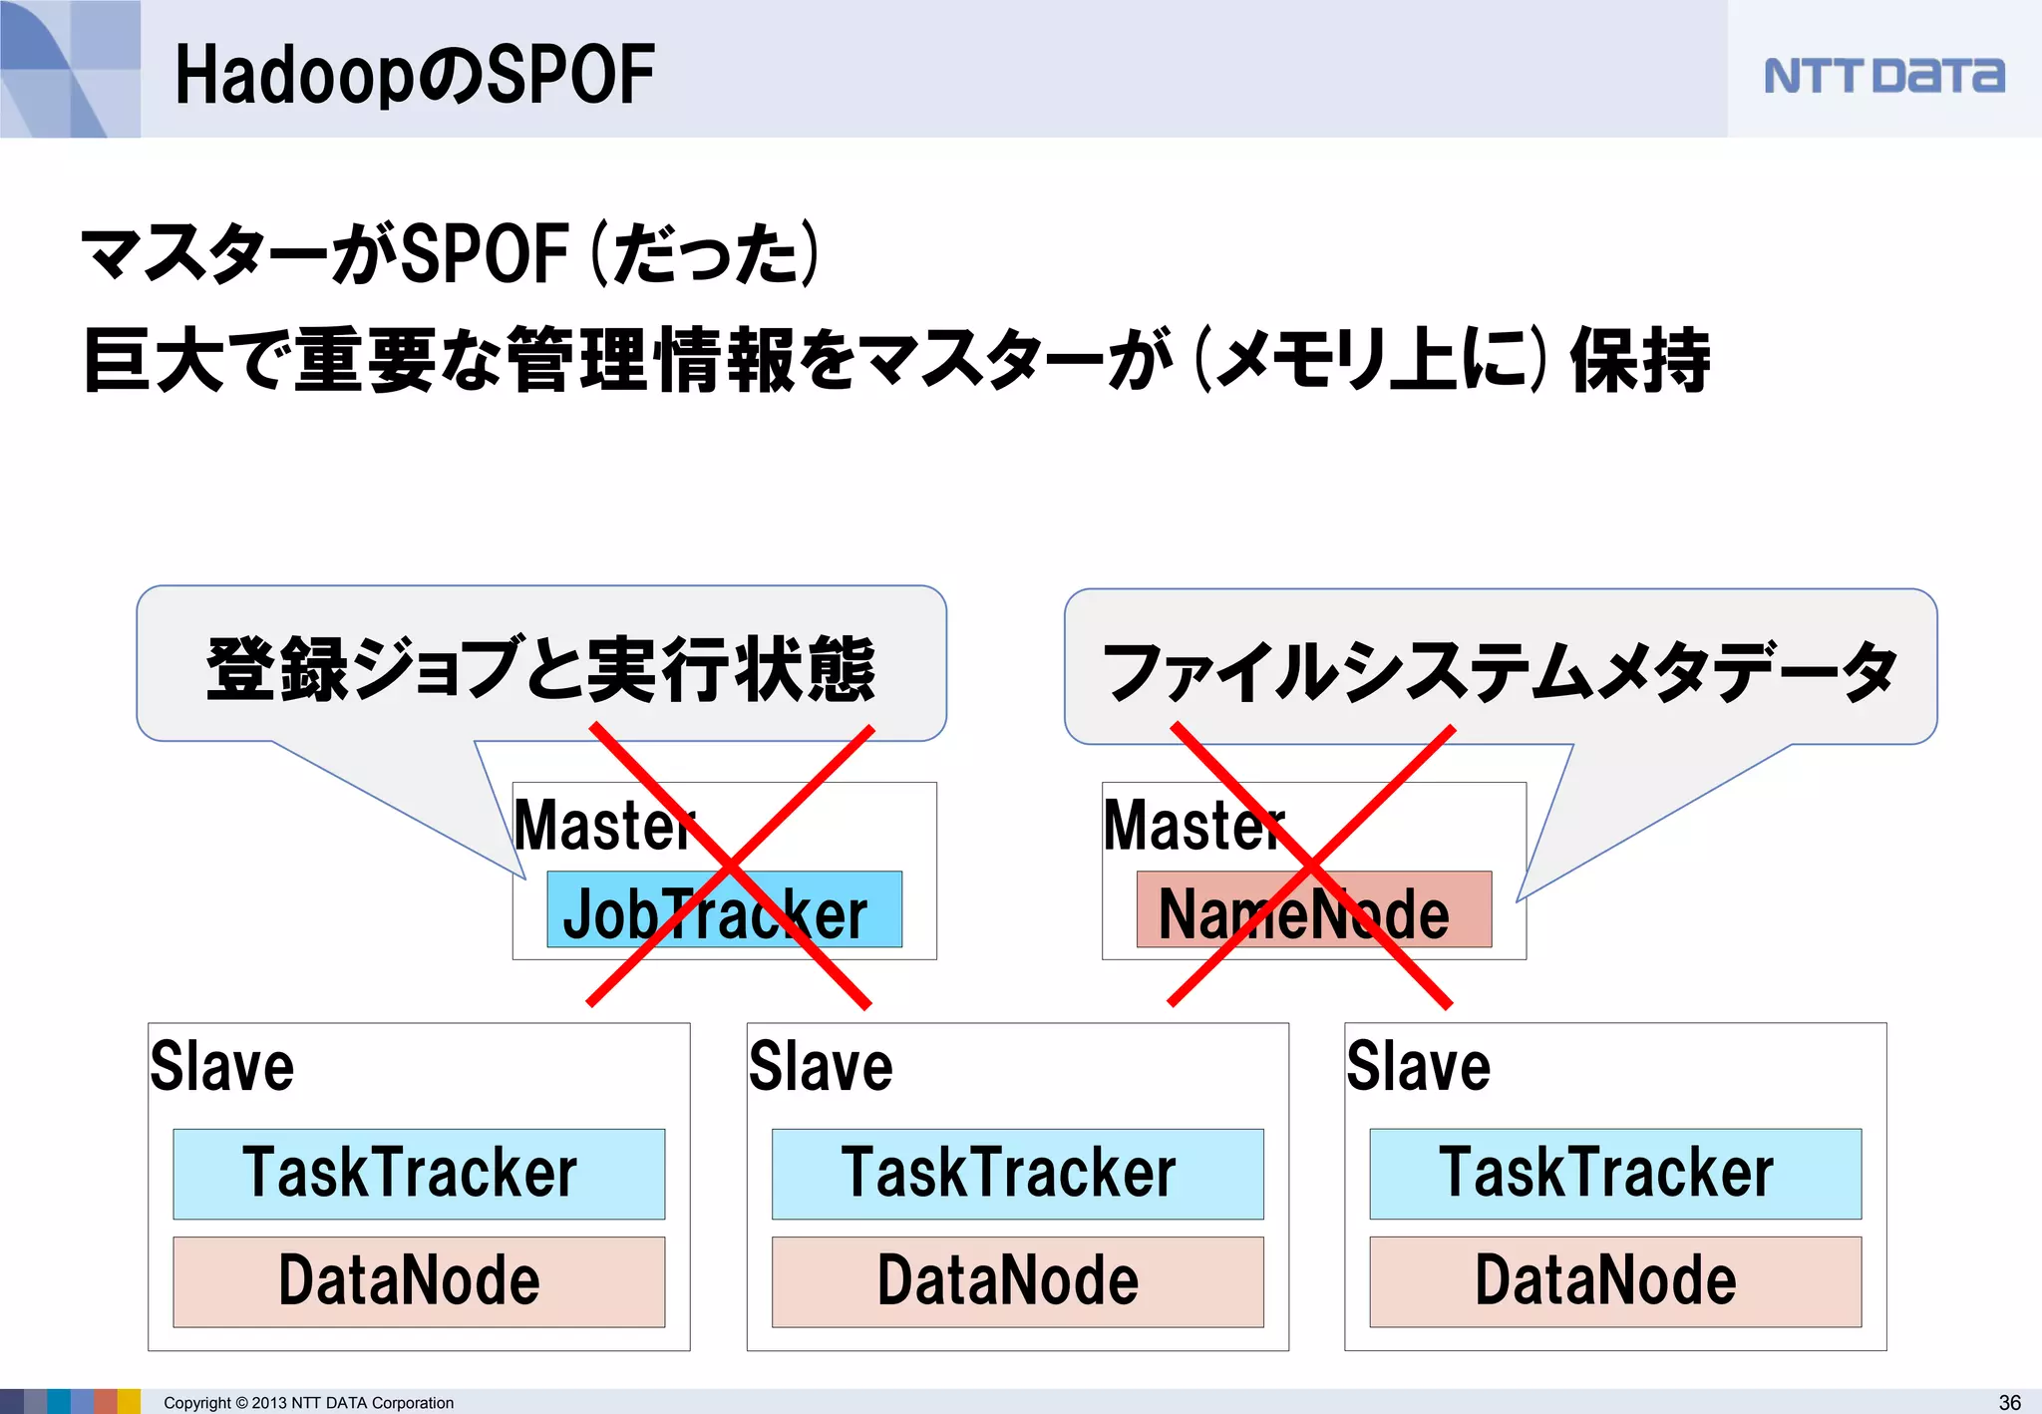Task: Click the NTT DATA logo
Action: [x=1883, y=76]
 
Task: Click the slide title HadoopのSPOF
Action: [x=415, y=75]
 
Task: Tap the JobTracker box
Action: [x=724, y=910]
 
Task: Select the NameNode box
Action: [x=1313, y=910]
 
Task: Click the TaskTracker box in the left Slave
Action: [x=419, y=1174]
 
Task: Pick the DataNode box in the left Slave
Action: [x=419, y=1281]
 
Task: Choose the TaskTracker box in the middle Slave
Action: [x=1017, y=1174]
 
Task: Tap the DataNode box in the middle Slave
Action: [x=1017, y=1281]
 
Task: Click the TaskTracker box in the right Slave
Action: [x=1615, y=1174]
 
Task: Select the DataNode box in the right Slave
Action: [x=1615, y=1281]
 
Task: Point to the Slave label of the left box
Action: [x=222, y=1066]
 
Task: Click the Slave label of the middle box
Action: [x=821, y=1066]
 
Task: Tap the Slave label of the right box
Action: [x=1419, y=1066]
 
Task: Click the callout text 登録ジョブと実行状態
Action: [x=540, y=669]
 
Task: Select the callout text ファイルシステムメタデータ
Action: [x=1500, y=671]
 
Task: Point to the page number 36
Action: [x=2009, y=1402]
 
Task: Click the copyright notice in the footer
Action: [x=308, y=1403]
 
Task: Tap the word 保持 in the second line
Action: [x=1640, y=360]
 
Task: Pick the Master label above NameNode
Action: [x=1193, y=826]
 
